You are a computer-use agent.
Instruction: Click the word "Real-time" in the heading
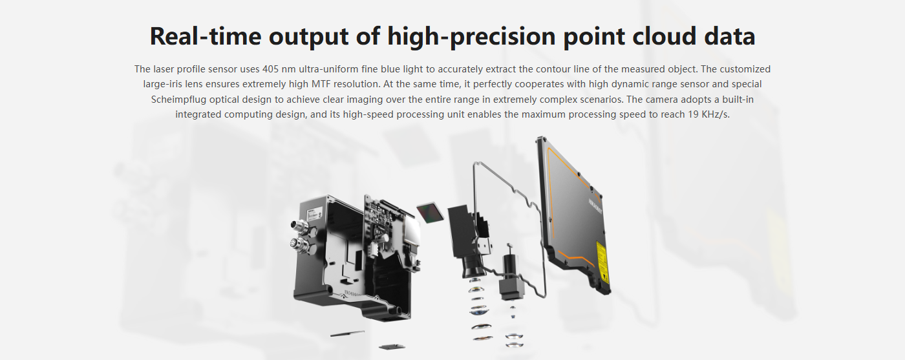pos(206,36)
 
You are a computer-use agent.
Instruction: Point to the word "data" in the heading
pos(730,36)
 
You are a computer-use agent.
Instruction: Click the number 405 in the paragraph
pos(270,69)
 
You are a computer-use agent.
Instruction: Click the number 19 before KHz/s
pos(693,114)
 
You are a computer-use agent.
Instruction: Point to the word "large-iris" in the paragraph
pos(163,84)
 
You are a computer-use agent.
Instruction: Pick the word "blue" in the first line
pos(390,69)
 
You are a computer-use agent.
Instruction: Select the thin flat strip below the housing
pos(347,334)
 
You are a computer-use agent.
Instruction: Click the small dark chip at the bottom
pos(392,346)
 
